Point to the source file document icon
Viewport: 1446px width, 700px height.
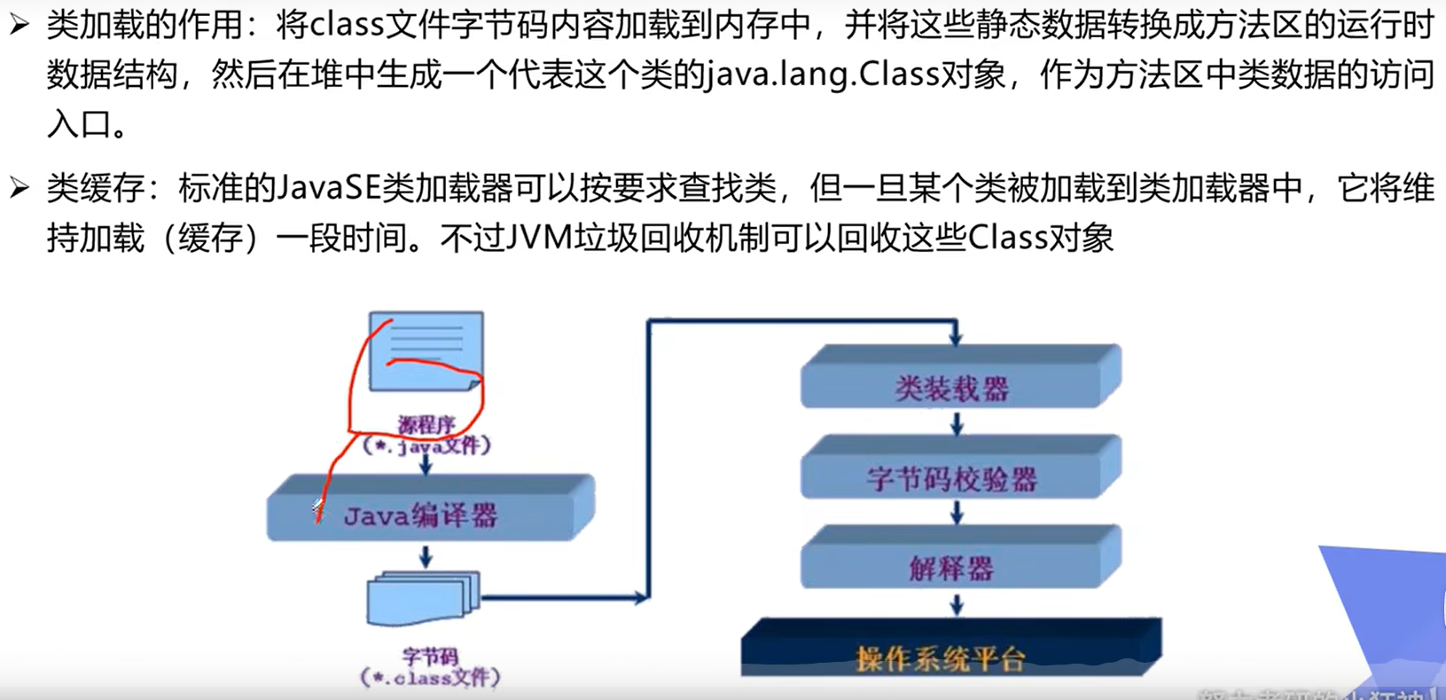pos(426,350)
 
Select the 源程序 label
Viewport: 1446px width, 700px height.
pos(426,425)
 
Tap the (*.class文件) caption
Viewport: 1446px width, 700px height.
pos(430,678)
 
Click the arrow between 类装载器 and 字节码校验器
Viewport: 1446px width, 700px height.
pos(957,424)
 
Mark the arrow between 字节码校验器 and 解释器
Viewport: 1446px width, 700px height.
pos(957,512)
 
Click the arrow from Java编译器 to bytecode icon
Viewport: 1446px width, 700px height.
pos(426,556)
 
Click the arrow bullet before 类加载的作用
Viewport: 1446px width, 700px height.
pos(20,25)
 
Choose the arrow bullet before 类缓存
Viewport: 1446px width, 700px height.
pos(20,187)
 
